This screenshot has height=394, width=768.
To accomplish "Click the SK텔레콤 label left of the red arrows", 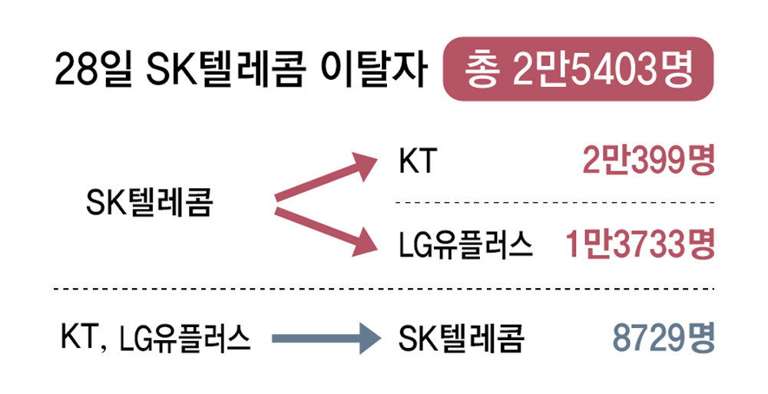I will [x=148, y=204].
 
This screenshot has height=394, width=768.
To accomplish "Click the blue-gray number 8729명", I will [x=664, y=338].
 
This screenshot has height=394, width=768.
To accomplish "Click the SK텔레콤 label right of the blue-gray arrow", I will [x=461, y=338].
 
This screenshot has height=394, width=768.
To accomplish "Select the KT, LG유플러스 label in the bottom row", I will [x=156, y=338].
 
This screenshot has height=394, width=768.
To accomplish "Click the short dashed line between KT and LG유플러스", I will [x=554, y=204].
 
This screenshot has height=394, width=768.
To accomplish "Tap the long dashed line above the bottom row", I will [x=384, y=290].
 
